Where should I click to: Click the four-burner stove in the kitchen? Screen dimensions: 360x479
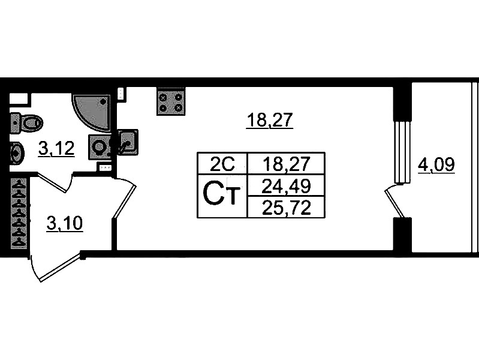click(171, 102)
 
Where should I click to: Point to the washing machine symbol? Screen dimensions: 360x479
click(100, 146)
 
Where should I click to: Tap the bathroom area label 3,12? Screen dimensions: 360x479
click(56, 148)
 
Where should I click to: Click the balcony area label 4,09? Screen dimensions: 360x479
click(436, 164)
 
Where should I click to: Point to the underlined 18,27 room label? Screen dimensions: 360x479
click(269, 121)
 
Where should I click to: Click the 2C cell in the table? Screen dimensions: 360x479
click(221, 163)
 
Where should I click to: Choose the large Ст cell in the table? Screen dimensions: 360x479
click(221, 194)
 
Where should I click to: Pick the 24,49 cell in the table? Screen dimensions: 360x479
click(285, 185)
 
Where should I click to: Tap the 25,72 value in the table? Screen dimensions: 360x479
click(285, 206)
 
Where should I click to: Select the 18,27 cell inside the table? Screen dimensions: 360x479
click(285, 163)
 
